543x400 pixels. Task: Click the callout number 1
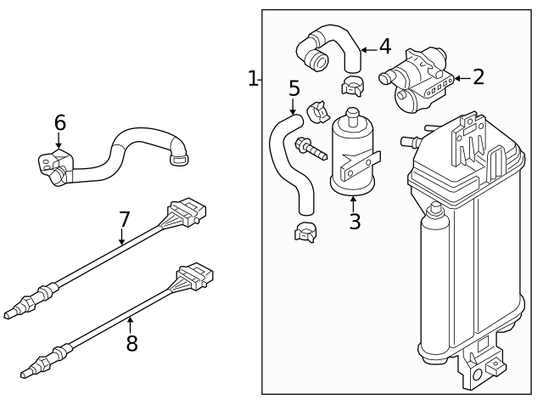tap(252, 79)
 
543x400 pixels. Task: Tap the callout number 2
tap(479, 77)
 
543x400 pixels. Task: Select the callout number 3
tap(355, 222)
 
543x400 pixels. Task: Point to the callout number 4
tap(384, 45)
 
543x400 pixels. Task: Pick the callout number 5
tap(294, 88)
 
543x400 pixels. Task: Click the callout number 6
tap(60, 123)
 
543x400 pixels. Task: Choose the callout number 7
tap(125, 219)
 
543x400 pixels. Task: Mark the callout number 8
tap(131, 344)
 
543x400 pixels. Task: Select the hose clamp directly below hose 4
tap(352, 84)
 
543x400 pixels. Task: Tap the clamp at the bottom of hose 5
tap(305, 230)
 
